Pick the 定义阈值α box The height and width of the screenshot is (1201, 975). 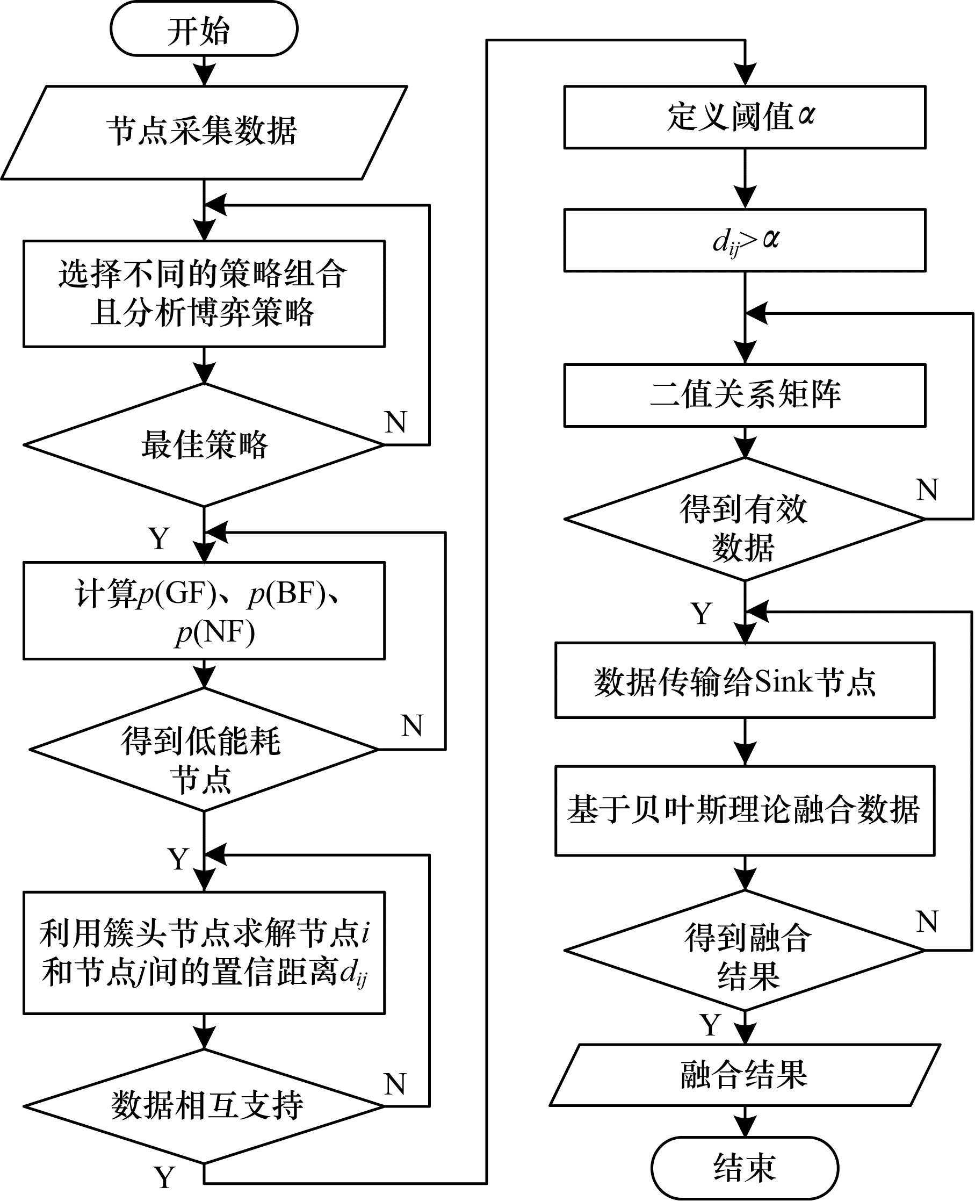click(744, 117)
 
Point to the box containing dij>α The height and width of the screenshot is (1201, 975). click(744, 240)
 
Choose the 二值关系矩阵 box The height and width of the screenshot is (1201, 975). click(744, 395)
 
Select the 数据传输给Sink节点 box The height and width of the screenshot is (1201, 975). click(744, 680)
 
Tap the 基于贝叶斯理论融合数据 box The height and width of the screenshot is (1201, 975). click(744, 810)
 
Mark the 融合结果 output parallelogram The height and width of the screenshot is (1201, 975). click(744, 1075)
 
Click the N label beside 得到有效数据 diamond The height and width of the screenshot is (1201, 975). click(927, 490)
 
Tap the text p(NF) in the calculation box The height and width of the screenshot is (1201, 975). click(215, 632)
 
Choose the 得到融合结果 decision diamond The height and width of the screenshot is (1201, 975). click(744, 950)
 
